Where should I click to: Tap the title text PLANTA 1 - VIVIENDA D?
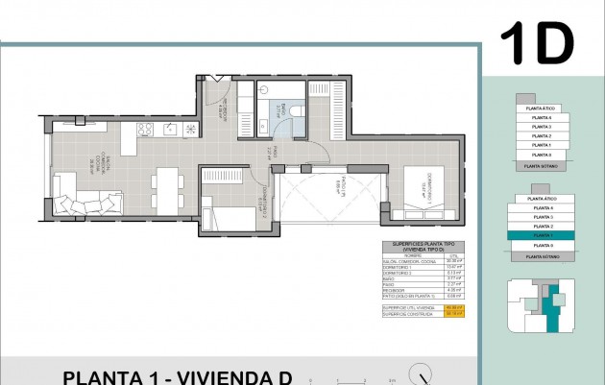178,376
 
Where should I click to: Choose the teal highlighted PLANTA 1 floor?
543,234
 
